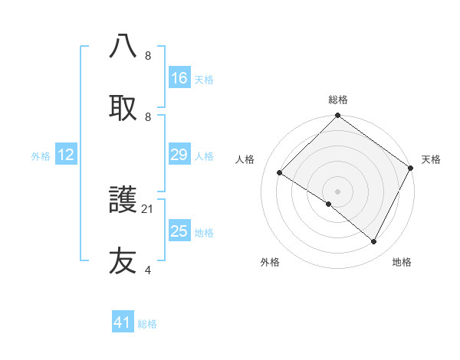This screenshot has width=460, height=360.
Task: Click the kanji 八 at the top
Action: [123, 47]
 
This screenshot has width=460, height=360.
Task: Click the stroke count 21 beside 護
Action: [148, 208]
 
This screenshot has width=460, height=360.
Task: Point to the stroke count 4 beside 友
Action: [147, 270]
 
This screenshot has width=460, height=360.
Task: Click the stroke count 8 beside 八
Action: [147, 56]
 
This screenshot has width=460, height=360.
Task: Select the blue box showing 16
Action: [179, 78]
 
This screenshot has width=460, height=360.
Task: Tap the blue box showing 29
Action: [179, 155]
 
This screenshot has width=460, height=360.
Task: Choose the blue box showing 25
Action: [179, 231]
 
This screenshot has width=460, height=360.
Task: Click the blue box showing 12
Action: [66, 155]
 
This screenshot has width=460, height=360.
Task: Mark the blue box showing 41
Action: [123, 322]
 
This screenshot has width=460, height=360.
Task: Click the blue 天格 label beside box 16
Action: [204, 79]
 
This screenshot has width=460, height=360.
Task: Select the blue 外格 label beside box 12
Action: [41, 155]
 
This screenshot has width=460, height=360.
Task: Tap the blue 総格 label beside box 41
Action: [147, 324]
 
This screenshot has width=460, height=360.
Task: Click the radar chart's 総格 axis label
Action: [338, 100]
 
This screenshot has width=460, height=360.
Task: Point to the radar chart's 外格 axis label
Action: [270, 262]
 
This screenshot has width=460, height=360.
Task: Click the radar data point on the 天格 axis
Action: [411, 168]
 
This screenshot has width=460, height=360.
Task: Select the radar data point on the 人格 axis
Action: [280, 173]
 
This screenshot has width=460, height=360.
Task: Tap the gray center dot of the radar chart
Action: [338, 191]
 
